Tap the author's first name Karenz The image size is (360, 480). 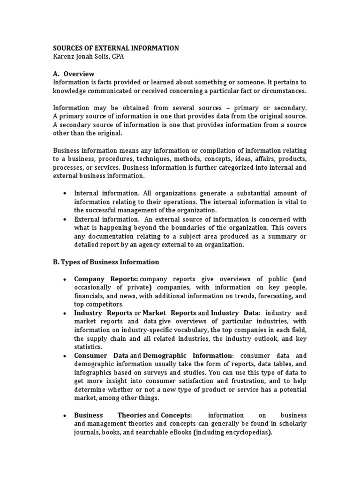tap(65, 57)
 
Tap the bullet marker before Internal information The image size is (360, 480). tap(64, 194)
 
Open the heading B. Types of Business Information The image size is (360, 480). tap(106, 262)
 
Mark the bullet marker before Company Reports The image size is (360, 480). tap(64, 279)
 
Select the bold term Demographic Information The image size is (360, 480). tap(187, 356)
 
